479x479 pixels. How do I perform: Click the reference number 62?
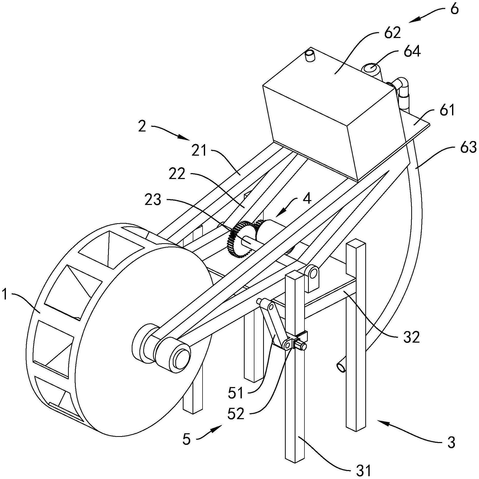pyautogui.click(x=392, y=33)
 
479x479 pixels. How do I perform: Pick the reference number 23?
pyautogui.click(x=153, y=200)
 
